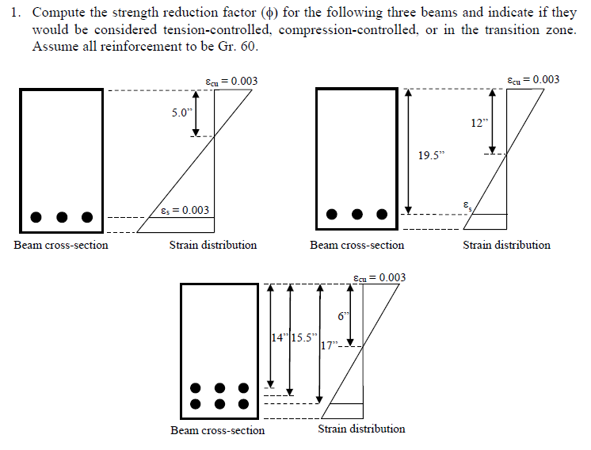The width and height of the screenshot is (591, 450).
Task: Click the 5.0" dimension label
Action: pos(183,113)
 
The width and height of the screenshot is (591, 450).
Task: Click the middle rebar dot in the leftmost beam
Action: pos(62,216)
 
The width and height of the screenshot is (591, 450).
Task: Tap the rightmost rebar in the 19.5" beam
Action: pos(382,214)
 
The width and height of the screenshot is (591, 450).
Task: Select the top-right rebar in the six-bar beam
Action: pos(244,388)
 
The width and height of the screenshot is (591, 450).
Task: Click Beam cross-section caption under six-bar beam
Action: pos(217,430)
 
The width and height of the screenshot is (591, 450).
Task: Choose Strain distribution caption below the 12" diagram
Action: pos(506,245)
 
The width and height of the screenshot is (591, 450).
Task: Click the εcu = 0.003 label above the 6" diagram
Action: pos(379,277)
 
